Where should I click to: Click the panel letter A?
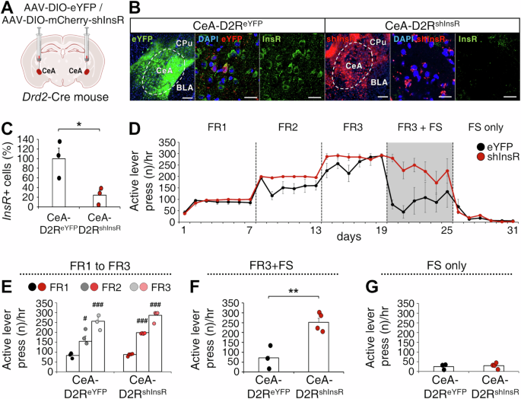coord(6,7)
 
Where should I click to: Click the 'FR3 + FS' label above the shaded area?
coord(419,126)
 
